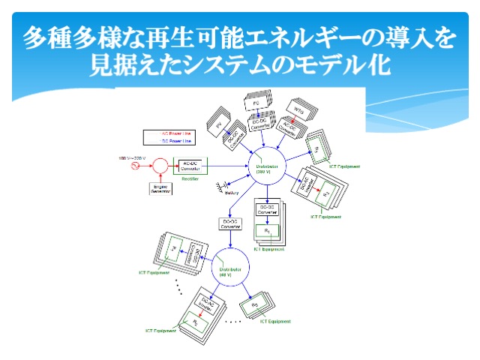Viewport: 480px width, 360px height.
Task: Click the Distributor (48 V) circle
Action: (x=224, y=271)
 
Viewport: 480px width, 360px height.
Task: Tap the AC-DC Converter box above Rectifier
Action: (x=189, y=166)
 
